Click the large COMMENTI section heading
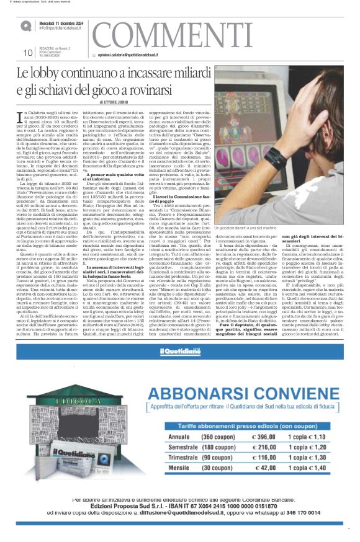(179, 32)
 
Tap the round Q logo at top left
(25, 26)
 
